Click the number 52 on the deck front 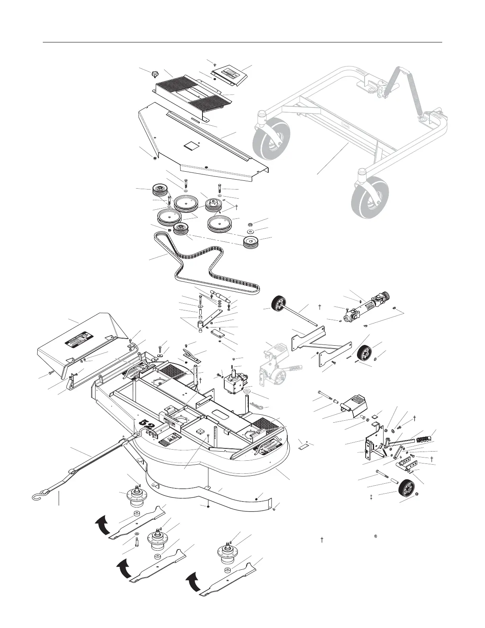(x=147, y=427)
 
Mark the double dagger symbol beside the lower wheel (x=371, y=497)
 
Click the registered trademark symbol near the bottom (x=376, y=536)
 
